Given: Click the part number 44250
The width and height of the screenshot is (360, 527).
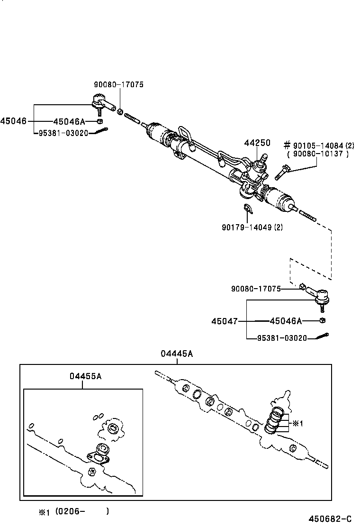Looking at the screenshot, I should (257, 143).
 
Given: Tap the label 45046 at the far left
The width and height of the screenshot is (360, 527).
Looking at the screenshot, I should (13, 121).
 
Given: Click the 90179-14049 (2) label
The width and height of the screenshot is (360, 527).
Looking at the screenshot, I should (252, 227).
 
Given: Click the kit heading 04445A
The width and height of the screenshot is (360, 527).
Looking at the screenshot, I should (177, 354).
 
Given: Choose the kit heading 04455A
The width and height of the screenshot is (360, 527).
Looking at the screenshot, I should (85, 376).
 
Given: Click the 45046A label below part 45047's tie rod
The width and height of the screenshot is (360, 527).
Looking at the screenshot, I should (286, 321).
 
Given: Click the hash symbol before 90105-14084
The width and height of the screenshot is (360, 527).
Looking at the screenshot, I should (287, 145).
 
